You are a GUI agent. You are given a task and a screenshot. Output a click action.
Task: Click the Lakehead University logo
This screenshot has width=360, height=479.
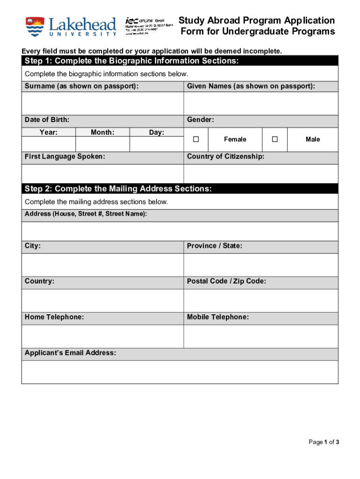click(x=71, y=27)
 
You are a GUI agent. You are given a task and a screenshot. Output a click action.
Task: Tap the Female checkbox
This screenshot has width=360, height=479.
click(x=196, y=139)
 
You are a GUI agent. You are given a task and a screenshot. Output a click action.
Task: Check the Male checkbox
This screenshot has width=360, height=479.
click(x=275, y=139)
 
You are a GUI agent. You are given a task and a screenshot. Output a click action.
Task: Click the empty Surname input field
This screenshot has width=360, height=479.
click(x=102, y=103)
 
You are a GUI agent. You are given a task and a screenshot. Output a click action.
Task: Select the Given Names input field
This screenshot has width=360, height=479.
click(x=261, y=103)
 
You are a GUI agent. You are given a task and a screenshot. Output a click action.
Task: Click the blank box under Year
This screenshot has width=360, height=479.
click(x=49, y=144)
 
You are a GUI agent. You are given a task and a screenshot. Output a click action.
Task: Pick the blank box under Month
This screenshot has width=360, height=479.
click(x=102, y=144)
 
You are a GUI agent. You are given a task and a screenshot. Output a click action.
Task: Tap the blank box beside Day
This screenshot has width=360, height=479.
click(x=157, y=144)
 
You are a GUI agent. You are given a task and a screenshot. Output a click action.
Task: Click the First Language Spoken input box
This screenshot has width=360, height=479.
click(x=102, y=174)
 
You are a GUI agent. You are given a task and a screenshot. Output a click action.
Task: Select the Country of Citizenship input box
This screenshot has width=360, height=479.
click(x=261, y=174)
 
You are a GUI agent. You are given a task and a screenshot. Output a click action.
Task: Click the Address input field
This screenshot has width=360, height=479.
click(x=180, y=231)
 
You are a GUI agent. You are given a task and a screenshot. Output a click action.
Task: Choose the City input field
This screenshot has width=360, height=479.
click(x=102, y=265)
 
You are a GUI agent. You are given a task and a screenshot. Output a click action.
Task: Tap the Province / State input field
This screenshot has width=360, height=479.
click(x=261, y=265)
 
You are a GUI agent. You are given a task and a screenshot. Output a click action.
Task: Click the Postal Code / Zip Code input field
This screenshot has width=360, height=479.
click(x=261, y=300)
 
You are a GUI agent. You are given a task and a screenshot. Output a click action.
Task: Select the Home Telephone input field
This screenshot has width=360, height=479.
click(x=102, y=336)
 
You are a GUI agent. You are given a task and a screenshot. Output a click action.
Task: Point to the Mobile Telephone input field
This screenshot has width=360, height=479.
click(x=261, y=336)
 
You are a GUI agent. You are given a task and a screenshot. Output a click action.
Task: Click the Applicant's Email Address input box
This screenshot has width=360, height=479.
click(x=180, y=372)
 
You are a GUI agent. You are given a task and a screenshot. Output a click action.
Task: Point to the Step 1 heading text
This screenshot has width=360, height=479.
click(x=132, y=61)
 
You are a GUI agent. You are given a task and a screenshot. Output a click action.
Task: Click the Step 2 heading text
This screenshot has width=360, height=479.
click(x=118, y=189)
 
